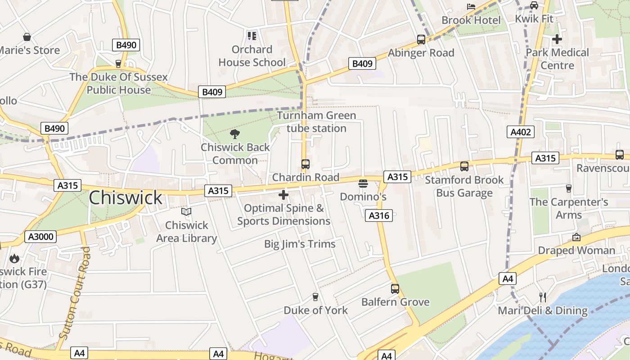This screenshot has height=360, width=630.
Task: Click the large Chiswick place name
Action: (125, 198)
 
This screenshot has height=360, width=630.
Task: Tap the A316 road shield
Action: (379, 216)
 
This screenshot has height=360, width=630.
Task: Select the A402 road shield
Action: (521, 132)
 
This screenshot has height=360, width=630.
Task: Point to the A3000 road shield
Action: (40, 237)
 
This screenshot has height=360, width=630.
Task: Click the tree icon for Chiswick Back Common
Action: (234, 134)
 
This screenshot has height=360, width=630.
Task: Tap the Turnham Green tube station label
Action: (316, 122)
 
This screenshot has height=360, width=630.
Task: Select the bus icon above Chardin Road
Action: (306, 164)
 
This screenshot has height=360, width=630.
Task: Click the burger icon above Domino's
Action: (363, 184)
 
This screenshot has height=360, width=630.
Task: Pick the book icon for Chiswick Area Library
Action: (186, 211)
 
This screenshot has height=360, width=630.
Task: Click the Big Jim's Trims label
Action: (300, 244)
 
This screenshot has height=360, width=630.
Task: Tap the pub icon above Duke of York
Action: (315, 297)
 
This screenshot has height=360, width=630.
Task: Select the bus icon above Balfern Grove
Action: (395, 288)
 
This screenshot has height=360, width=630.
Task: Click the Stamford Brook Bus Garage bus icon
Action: (464, 166)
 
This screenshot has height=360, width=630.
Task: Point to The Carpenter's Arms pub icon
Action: (568, 188)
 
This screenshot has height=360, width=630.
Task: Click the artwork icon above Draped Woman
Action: (576, 237)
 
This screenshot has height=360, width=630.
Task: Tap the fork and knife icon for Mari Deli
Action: (542, 297)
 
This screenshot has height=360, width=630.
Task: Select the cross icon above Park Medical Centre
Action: (557, 39)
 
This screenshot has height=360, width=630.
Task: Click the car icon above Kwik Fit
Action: (534, 5)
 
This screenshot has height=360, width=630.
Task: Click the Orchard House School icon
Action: (252, 36)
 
